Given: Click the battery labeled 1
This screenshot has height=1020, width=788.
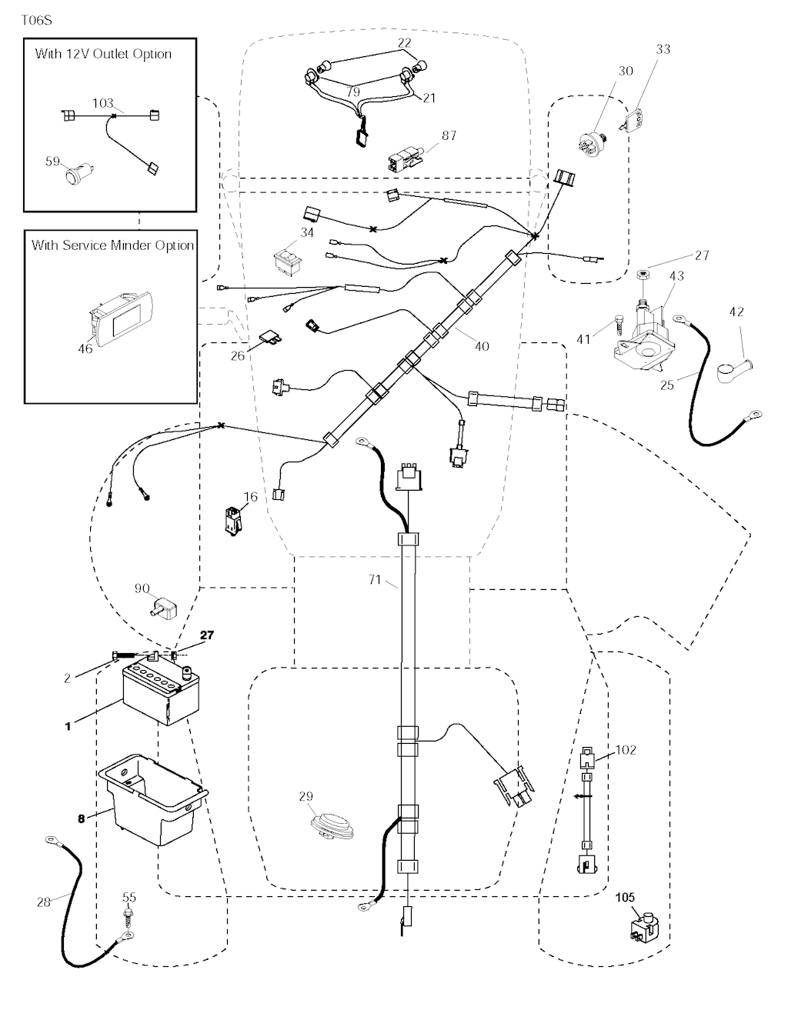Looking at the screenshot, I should [x=160, y=694].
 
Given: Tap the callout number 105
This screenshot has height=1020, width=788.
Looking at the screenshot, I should [x=625, y=897].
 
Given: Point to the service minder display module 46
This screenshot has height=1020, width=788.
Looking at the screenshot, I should [x=115, y=317].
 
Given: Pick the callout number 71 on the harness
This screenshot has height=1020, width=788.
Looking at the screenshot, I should [x=375, y=579].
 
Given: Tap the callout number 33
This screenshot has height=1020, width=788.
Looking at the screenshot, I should [x=663, y=48].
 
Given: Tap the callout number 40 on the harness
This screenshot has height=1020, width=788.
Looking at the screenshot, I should [x=482, y=346].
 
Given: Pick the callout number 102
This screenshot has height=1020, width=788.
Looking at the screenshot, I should [x=626, y=749].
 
